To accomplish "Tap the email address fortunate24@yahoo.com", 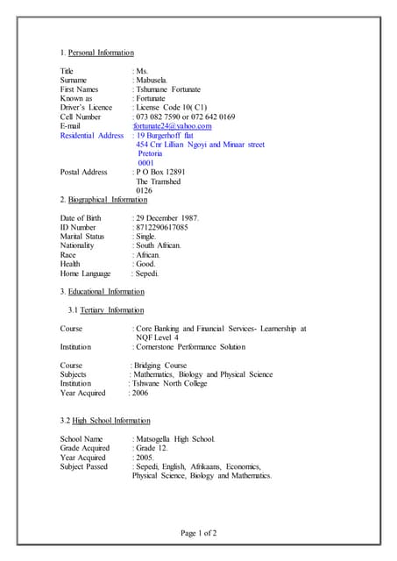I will click(173, 126).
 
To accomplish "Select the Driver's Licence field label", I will click(86, 108).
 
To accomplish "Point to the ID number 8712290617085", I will click(161, 227).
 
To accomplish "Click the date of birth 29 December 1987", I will click(167, 217).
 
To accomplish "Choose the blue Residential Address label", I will click(92, 136).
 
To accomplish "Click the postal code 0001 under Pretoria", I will click(145, 163).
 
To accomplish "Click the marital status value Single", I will click(146, 237).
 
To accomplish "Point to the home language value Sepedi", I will click(145, 274).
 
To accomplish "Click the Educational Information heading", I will click(106, 291).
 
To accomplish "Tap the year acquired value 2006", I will click(140, 394).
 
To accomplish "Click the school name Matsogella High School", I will click(174, 438).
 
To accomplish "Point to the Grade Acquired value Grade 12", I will click(150, 448).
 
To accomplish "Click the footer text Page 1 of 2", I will click(198, 532).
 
